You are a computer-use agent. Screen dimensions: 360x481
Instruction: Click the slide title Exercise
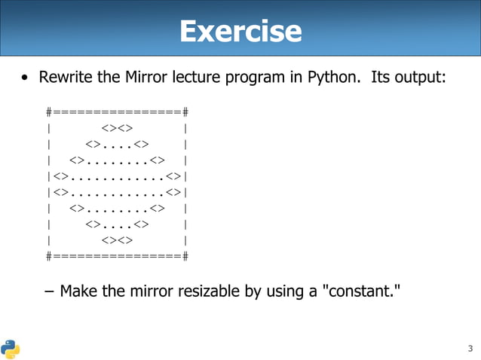240,32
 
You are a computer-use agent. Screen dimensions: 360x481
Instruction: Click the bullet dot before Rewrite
26,78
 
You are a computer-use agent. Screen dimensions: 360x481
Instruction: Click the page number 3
470,348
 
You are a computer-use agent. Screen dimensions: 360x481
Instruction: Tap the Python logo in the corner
11,348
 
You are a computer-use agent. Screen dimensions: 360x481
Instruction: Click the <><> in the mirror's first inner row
117,128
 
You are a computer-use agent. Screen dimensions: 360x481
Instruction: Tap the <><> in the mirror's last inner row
117,240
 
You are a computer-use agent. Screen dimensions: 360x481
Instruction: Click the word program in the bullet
255,78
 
